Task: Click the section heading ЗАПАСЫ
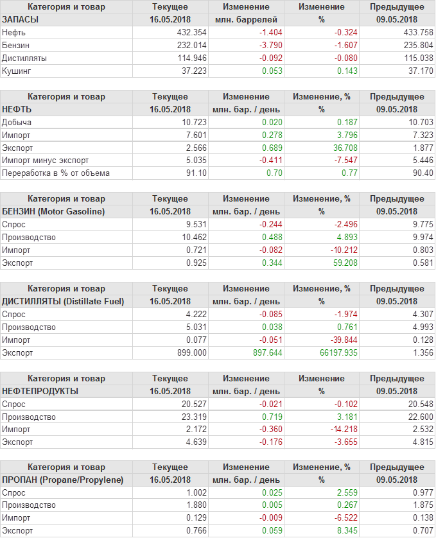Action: (21, 19)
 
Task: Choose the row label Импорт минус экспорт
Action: (46, 161)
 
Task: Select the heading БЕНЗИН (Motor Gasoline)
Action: (54, 212)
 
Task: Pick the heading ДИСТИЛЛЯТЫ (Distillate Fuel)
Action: (64, 302)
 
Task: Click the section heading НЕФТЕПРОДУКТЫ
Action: (40, 391)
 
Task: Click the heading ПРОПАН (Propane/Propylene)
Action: (63, 480)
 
